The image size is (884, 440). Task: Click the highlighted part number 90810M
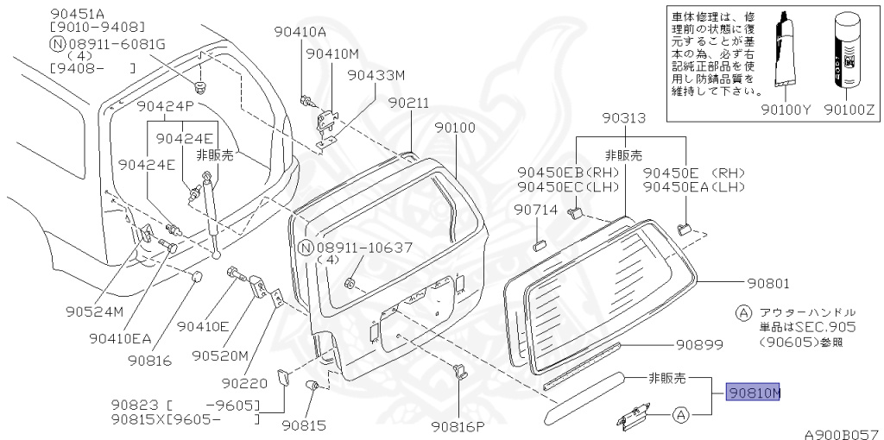[753, 393]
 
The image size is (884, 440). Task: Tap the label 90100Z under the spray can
[847, 110]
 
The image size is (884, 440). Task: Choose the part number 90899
[698, 345]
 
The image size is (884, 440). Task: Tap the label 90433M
[376, 75]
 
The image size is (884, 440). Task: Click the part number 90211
[407, 103]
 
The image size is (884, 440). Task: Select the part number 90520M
[220, 355]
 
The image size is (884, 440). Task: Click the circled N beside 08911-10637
[304, 248]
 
